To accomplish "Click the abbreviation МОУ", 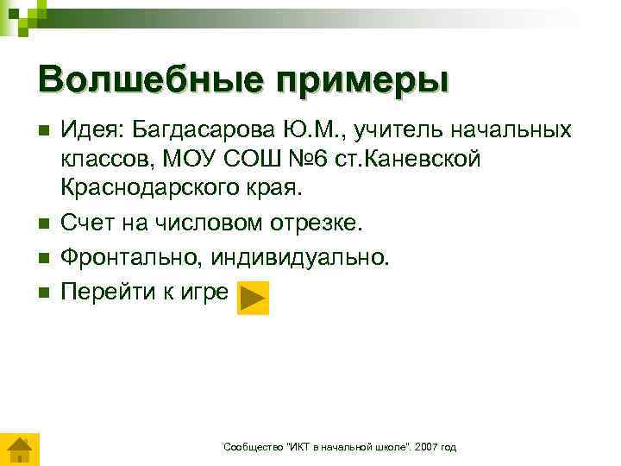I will click(x=191, y=159).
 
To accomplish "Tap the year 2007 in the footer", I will click(x=426, y=447).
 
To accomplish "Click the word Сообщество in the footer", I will click(x=250, y=447).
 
